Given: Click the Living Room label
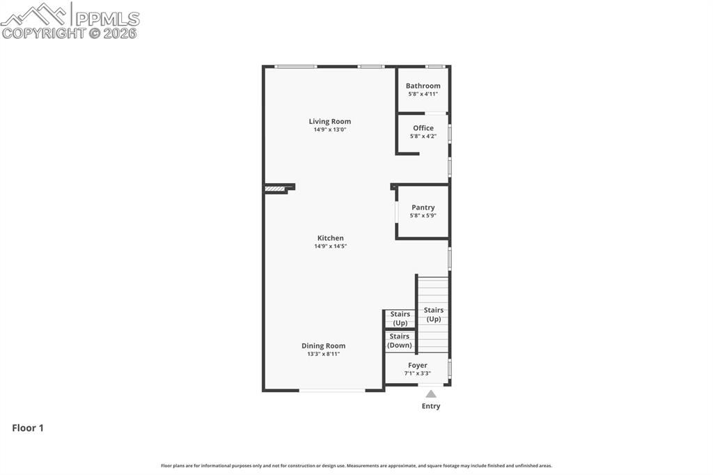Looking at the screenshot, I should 330,121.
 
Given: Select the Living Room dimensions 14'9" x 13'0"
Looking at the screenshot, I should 330,130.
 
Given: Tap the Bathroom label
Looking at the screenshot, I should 423,86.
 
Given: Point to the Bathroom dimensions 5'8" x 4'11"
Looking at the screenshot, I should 423,94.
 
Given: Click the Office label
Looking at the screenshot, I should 423,128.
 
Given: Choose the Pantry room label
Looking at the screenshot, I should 423,208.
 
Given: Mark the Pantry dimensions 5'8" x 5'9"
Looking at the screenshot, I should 423,216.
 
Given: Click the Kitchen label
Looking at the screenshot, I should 330,238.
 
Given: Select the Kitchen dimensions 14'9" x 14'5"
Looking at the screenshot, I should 330,247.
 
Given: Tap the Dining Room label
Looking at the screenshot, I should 323,345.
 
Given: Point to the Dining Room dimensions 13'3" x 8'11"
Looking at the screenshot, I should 323,354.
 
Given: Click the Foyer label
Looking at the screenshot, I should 418,365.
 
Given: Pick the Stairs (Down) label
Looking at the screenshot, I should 400,341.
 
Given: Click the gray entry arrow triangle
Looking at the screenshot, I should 431,394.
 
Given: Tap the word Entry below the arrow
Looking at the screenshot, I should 431,406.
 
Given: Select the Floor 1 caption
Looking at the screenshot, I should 28,428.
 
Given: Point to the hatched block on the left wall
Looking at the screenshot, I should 275,188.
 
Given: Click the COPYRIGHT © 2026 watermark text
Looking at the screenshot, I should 70,33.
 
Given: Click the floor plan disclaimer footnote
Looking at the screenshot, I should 356,466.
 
